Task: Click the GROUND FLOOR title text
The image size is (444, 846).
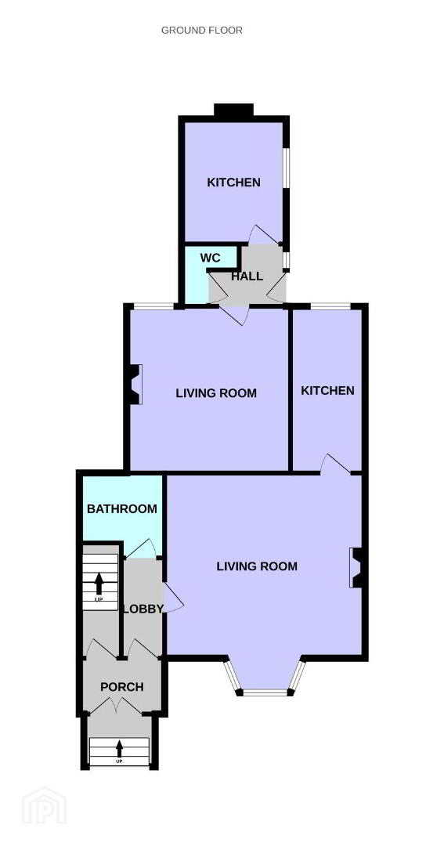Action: tap(202, 31)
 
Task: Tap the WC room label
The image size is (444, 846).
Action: tap(211, 258)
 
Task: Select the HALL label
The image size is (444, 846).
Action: tap(247, 277)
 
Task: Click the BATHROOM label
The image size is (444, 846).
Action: tap(122, 508)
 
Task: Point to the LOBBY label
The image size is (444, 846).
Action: tap(143, 609)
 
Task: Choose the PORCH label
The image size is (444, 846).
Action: tap(122, 687)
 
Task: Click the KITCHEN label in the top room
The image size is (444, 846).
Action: tap(233, 183)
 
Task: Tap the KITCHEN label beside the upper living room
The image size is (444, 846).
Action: tap(327, 390)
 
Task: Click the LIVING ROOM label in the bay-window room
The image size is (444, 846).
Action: tap(257, 566)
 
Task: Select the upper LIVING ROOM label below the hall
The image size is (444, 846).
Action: tap(216, 392)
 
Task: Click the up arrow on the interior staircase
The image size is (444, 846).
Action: tap(99, 584)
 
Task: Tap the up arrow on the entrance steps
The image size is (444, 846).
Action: tap(119, 748)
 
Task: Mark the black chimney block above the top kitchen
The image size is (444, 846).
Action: tap(233, 110)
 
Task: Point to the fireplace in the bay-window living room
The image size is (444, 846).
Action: tap(356, 567)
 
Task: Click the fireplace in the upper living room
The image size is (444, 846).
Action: tap(135, 384)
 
